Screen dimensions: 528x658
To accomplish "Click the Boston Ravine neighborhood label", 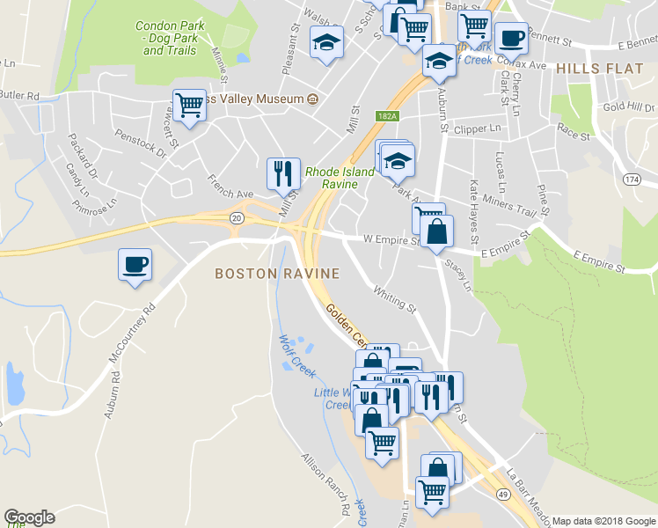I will tap(274, 275).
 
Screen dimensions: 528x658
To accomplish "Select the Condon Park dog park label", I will tap(169, 38).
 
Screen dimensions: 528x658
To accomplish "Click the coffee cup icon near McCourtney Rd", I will tap(135, 265).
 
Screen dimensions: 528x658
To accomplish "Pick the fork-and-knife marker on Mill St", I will tap(283, 174).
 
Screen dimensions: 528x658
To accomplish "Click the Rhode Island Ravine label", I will tap(332, 179).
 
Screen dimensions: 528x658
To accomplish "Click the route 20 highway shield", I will tap(237, 217).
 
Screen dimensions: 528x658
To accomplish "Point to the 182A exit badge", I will tap(389, 115).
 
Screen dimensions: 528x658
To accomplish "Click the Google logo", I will tap(29, 517).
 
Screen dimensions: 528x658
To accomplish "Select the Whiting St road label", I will tap(394, 297).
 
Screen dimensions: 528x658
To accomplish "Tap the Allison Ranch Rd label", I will tap(325, 484).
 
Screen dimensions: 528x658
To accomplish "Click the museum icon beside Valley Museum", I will tap(312, 100).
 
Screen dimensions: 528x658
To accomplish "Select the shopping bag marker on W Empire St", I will tap(436, 233).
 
